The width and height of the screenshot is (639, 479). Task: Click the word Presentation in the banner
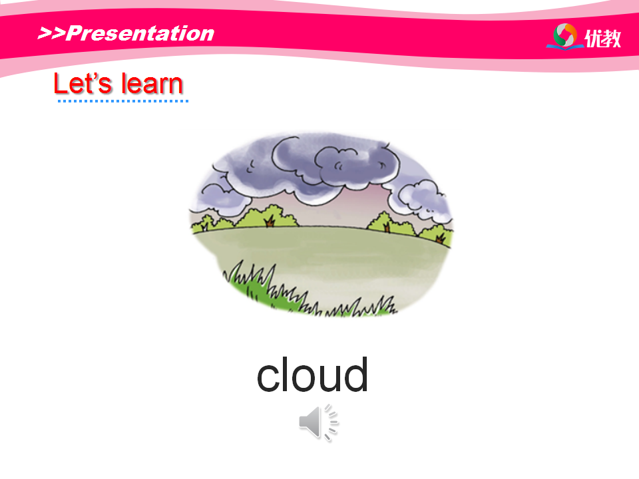click(x=140, y=33)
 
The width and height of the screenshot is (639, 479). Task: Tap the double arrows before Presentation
click(x=51, y=33)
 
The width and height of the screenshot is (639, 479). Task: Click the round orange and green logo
click(x=565, y=36)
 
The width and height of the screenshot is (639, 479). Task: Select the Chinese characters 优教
click(x=603, y=39)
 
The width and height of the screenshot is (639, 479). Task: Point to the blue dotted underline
click(x=123, y=101)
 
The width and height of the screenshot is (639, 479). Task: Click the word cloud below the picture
click(x=313, y=375)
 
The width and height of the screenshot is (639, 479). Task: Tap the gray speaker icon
click(x=319, y=422)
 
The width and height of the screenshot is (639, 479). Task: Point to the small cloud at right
click(x=420, y=198)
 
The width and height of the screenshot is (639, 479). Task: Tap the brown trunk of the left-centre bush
click(x=270, y=222)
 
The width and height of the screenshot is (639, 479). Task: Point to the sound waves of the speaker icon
click(x=331, y=422)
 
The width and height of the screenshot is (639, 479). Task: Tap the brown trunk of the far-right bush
click(x=440, y=238)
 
